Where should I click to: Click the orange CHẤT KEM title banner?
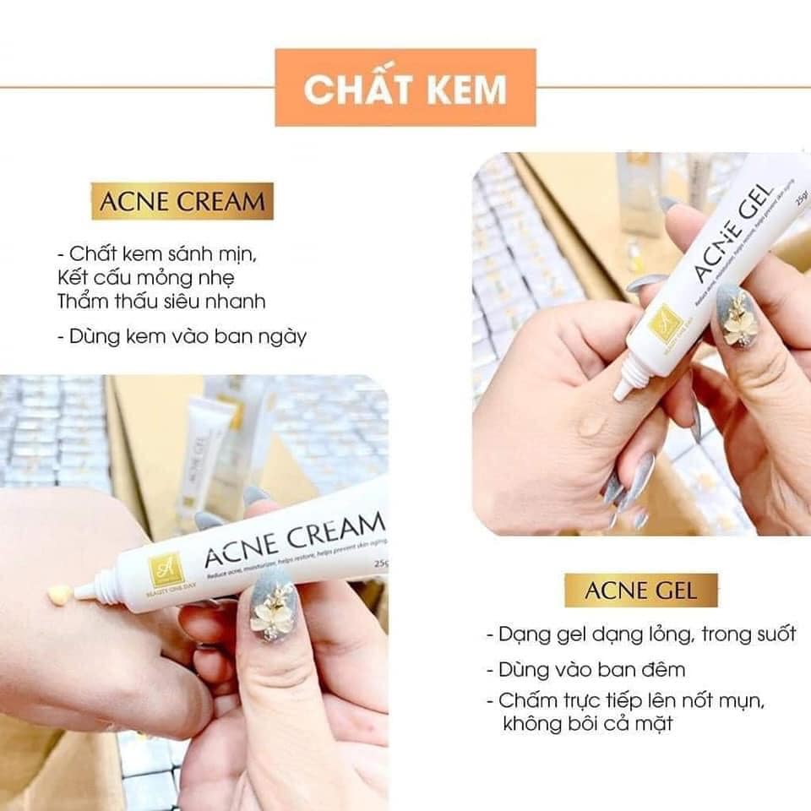pos(405,88)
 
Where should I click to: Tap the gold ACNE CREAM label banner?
pos(182,202)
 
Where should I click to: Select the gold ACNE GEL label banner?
pos(640,590)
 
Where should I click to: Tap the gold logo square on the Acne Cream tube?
pos(162,569)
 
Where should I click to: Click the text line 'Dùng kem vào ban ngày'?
pos(182,336)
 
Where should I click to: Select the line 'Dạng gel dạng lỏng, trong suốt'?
pos(640,634)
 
